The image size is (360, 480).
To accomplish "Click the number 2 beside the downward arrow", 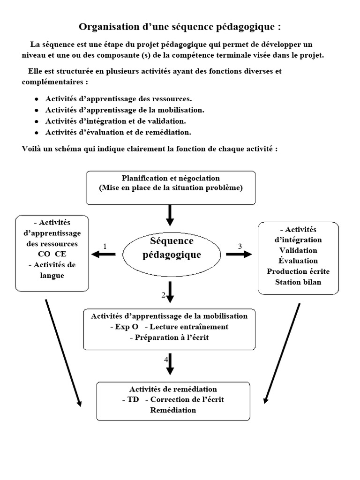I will tap(163, 295).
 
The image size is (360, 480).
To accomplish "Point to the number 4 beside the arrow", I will tap(165, 360).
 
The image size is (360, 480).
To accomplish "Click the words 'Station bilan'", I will tap(298, 282).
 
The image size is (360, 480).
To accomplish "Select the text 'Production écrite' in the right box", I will tap(298, 271).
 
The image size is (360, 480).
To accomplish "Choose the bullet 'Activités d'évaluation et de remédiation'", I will tap(118, 132).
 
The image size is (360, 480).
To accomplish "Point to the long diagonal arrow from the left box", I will tap(63, 352).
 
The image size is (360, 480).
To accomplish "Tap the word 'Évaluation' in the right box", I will tap(298, 261).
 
